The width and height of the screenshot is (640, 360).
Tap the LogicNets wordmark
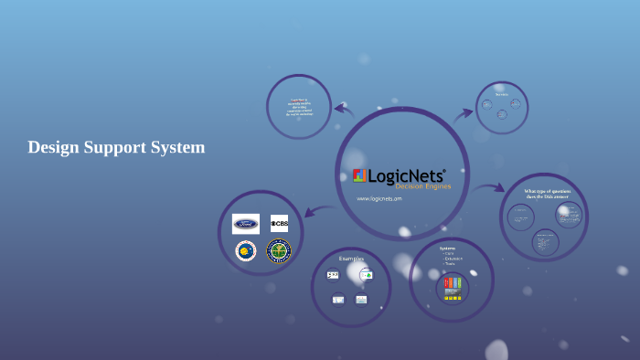tap(408, 175)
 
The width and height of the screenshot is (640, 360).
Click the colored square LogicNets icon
tap(359, 175)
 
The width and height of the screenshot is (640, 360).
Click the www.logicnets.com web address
tap(379, 198)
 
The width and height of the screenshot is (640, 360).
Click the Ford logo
tap(246, 224)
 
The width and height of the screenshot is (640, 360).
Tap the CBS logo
tap(279, 223)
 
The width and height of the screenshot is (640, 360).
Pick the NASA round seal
tap(245, 250)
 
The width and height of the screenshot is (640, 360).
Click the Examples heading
tap(351, 259)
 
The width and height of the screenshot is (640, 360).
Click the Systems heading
tap(447, 249)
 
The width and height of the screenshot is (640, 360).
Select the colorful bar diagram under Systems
tap(453, 283)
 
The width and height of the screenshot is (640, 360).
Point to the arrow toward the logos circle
tap(316, 211)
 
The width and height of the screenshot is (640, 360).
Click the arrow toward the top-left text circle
tap(344, 109)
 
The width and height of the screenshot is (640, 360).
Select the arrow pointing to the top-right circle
tap(464, 113)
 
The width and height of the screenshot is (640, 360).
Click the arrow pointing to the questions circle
tap(490, 187)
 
